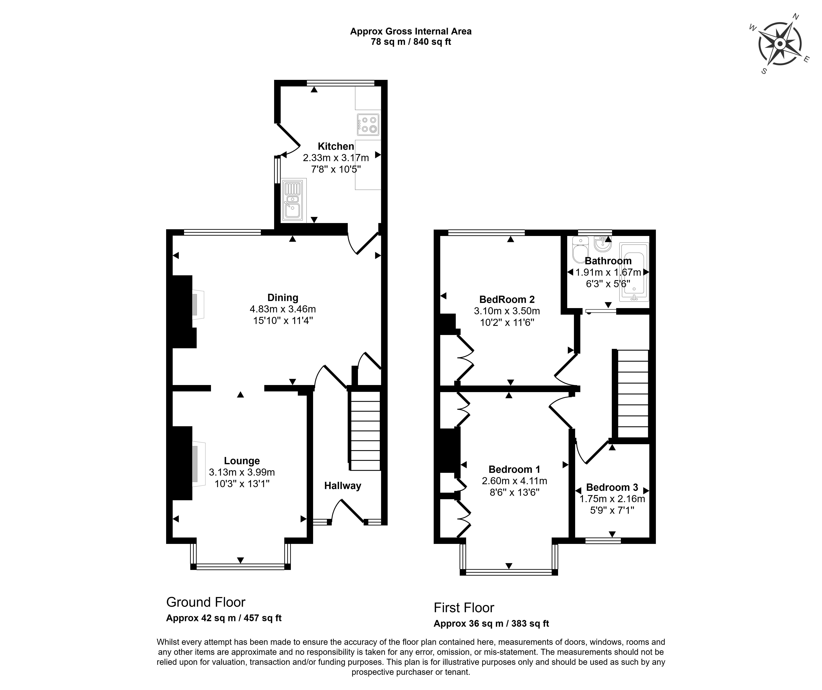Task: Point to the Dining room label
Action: tap(283, 297)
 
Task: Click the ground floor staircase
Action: tap(365, 431)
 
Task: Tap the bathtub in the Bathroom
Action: tap(634, 272)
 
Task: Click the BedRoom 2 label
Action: tap(507, 299)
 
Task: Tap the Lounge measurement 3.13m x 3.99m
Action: tap(242, 472)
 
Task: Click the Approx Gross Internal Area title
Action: tap(411, 31)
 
